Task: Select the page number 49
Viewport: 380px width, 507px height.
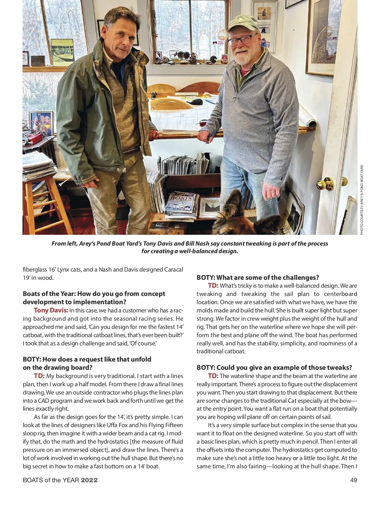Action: click(x=353, y=480)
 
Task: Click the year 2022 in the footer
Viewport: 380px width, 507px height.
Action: click(x=89, y=480)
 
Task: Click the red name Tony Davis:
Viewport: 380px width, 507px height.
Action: click(x=51, y=310)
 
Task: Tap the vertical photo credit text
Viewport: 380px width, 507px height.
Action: click(x=362, y=200)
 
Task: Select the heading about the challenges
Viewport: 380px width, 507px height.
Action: click(x=258, y=278)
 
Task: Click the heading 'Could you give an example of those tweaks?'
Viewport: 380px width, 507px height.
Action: click(x=274, y=368)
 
